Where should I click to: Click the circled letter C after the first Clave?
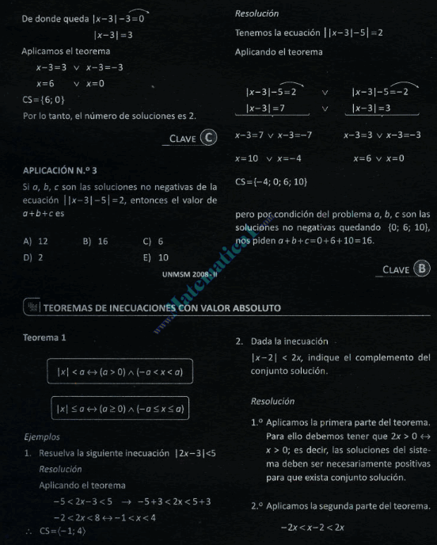tap(209, 138)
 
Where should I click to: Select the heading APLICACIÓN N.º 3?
tap(60, 170)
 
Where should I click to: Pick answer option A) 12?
tap(36, 241)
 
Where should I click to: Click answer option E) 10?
tap(156, 257)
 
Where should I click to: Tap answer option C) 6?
tap(153, 241)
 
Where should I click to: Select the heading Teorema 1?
tap(44, 337)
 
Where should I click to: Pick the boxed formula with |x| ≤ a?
tap(120, 409)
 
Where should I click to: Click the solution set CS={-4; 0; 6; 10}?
tap(272, 183)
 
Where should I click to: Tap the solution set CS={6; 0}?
tap(44, 99)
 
